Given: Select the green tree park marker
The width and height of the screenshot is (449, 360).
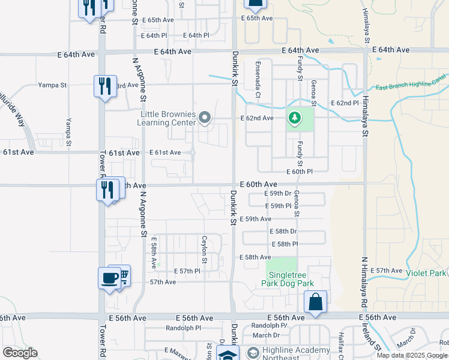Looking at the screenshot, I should coord(294,118).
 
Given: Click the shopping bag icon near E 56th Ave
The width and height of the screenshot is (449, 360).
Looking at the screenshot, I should coord(315,301).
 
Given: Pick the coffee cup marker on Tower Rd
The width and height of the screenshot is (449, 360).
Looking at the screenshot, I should coord(110,278).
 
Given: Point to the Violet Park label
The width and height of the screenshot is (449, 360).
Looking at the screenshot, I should coord(425,274).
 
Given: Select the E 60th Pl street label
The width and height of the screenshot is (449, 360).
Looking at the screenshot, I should coord(300,172).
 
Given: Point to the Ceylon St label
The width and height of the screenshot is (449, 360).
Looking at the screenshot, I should coord(205,249).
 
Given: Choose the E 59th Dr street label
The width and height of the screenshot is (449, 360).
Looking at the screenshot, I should coord(278,193).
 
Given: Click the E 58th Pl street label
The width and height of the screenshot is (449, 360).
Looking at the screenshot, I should coord(285,244).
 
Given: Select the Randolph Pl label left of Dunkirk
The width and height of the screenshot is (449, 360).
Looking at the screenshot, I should coord(183,328).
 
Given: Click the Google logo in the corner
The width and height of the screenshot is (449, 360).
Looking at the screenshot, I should coord(20,353).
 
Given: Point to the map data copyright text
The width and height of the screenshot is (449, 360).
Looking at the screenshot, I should coord(411,355).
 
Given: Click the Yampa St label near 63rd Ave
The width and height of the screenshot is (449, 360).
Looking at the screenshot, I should coord(52,85).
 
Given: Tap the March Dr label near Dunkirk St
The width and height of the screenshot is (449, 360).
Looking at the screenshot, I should coord(266,335).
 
